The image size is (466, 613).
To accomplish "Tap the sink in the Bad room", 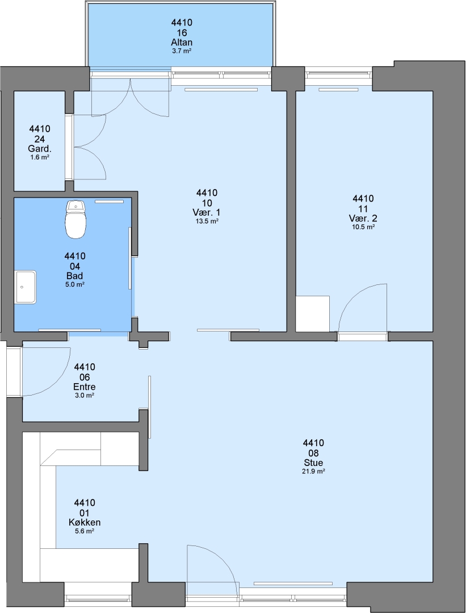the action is pyautogui.click(x=26, y=287).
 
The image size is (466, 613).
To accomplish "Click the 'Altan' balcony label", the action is pyautogui.click(x=182, y=42).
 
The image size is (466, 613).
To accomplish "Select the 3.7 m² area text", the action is pyautogui.click(x=182, y=51).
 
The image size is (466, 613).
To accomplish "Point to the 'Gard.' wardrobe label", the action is pyautogui.click(x=40, y=149).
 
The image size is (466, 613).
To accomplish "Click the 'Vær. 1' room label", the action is pyautogui.click(x=207, y=212).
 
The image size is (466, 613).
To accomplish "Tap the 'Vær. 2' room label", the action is pyautogui.click(x=363, y=218).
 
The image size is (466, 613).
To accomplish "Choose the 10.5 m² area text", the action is pyautogui.click(x=363, y=226).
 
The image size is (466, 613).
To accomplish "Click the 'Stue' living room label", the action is pyautogui.click(x=313, y=463).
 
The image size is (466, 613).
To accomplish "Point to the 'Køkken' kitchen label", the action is pyautogui.click(x=85, y=522).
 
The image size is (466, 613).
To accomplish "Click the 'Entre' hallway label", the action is pyautogui.click(x=85, y=387).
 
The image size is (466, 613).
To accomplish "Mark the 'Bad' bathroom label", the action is pyautogui.click(x=75, y=276).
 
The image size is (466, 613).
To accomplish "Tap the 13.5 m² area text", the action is pyautogui.click(x=207, y=221).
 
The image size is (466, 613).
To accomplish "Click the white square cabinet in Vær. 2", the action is pyautogui.click(x=312, y=314).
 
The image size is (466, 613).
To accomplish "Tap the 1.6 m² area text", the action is pyautogui.click(x=40, y=157).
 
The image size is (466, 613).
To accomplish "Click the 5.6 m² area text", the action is pyautogui.click(x=85, y=531).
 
